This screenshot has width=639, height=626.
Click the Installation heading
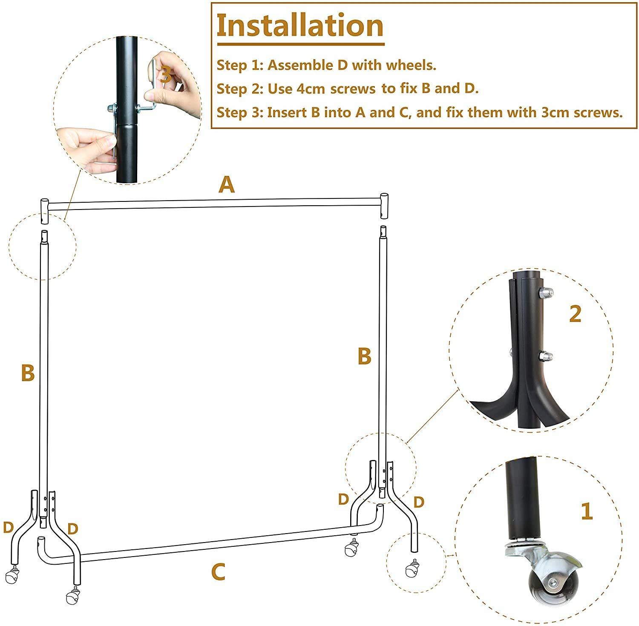tap(300, 26)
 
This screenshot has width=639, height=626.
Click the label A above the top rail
tap(227, 185)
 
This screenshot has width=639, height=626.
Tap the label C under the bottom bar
tap(218, 572)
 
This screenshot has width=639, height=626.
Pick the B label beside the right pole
tap(364, 356)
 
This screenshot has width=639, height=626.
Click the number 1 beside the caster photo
tap(587, 511)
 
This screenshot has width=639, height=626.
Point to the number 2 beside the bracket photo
tap(575, 314)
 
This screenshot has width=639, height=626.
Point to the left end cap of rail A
tap(45, 210)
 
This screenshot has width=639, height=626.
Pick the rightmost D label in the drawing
tap(419, 502)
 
